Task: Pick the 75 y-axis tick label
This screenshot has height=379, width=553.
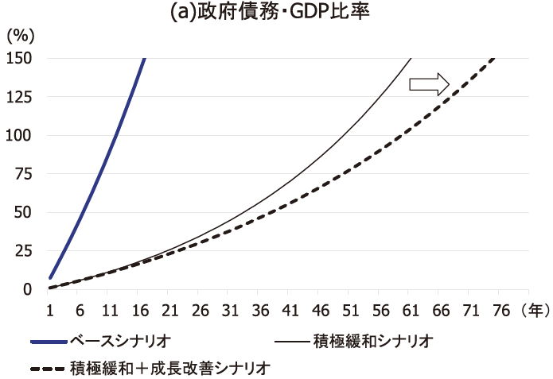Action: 24,174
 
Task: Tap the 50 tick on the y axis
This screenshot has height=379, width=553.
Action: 24,212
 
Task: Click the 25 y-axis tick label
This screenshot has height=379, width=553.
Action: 24,251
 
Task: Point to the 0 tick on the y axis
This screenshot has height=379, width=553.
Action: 28,289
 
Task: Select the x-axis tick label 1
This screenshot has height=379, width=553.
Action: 49,308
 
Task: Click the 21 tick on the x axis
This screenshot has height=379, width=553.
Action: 169,308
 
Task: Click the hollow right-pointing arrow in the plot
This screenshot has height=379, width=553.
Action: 430,83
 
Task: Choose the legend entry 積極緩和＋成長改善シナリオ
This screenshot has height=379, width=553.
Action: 170,368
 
